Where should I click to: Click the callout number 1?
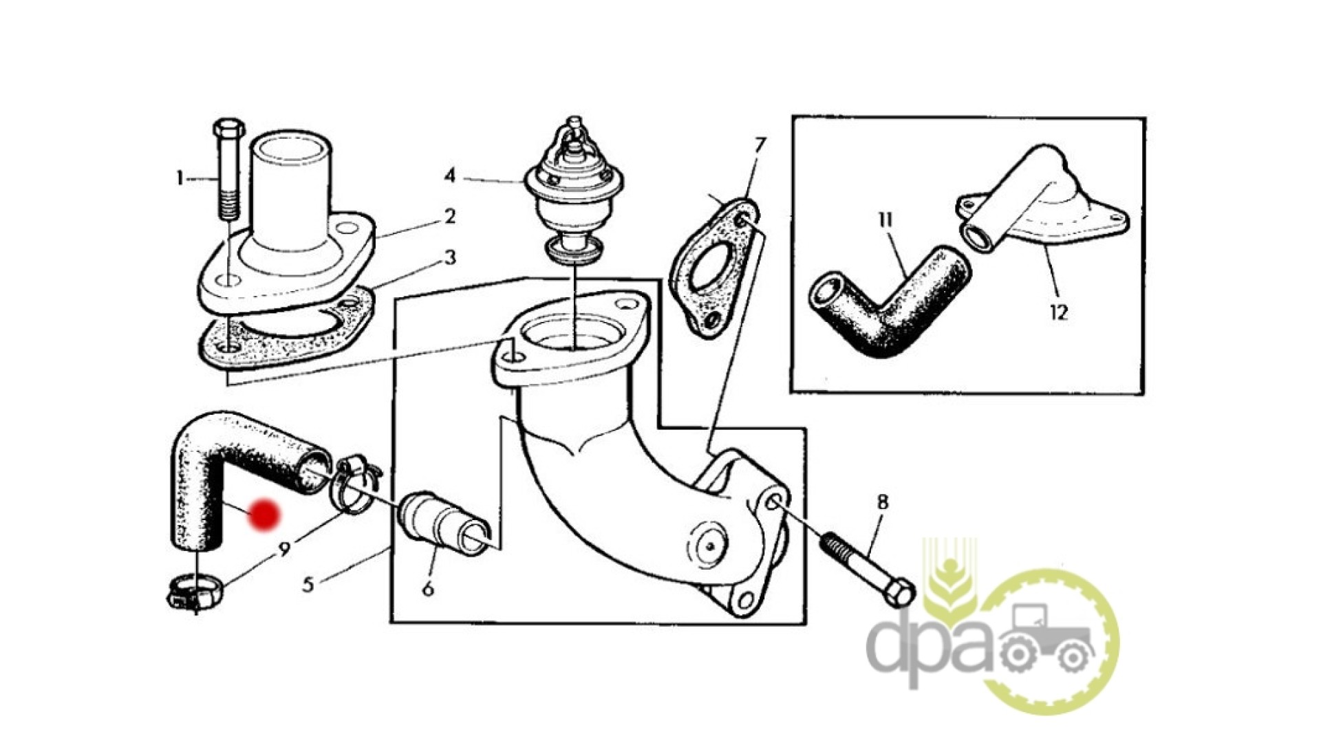(180, 179)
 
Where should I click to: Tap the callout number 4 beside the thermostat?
(449, 176)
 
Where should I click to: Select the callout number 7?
(760, 146)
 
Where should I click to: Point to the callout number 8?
(883, 502)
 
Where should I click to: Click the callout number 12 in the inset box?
(1059, 312)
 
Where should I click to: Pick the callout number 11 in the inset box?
(885, 220)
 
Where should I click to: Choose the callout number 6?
(428, 589)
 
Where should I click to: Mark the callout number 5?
(308, 585)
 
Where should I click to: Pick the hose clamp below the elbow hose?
(195, 592)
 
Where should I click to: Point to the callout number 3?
(450, 259)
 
